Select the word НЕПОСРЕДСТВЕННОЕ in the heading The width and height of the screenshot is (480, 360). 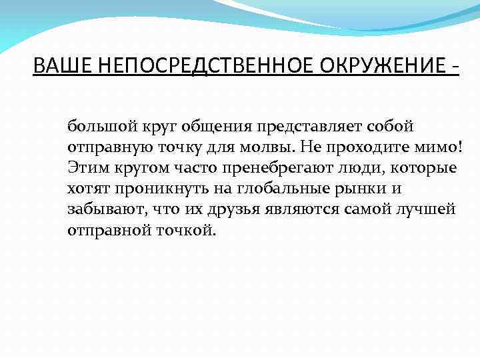point(200,67)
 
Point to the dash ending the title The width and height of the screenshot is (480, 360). point(455,67)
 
